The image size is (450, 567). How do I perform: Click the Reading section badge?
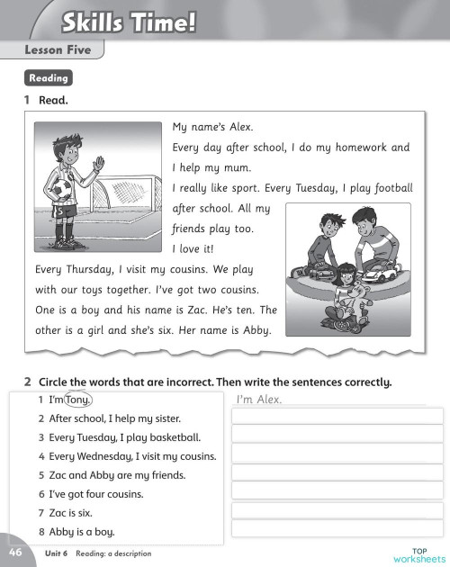click(49, 78)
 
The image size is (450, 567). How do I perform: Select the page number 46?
click(16, 551)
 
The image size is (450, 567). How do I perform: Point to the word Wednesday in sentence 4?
click(100, 456)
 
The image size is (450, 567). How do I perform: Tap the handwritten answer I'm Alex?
click(258, 400)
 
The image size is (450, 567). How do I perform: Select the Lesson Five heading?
click(58, 50)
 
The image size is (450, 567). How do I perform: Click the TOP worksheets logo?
click(418, 554)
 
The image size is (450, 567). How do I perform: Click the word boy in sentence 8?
click(104, 532)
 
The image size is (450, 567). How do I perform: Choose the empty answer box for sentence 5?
click(328, 472)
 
